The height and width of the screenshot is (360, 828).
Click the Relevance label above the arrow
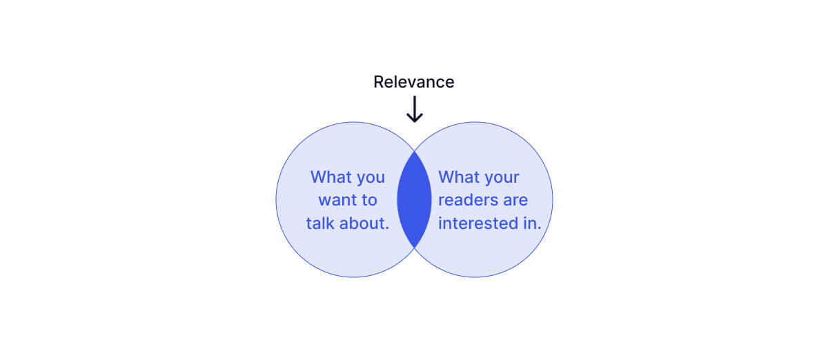point(413,82)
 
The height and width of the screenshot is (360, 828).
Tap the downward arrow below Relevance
point(414,108)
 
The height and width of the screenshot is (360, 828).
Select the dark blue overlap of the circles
point(414,199)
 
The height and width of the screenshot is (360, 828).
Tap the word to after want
point(368,201)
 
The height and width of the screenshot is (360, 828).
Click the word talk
point(321,223)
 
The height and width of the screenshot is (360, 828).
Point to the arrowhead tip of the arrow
point(414,121)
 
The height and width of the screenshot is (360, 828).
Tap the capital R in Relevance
point(379,82)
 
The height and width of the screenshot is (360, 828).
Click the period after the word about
point(387,228)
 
